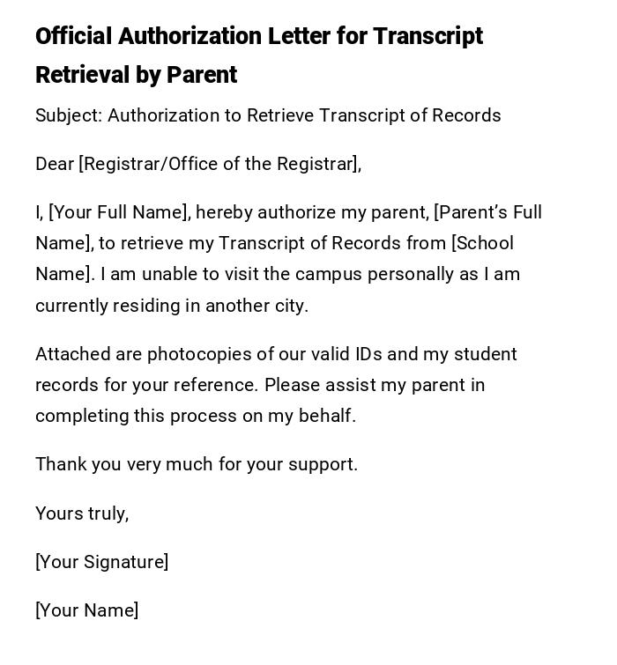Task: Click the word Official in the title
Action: [x=73, y=36]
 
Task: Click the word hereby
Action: [x=224, y=212]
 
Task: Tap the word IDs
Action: [x=368, y=354]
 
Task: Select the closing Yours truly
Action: [x=82, y=514]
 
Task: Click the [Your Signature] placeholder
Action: [x=102, y=562]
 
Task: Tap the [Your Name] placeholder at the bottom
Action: [x=87, y=610]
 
